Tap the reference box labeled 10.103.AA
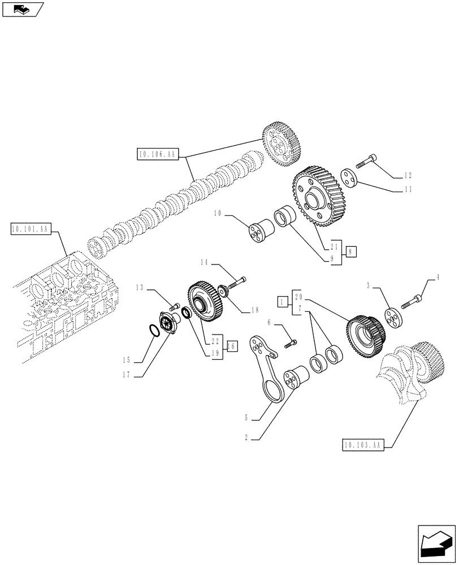[x=363, y=445]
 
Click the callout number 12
[x=408, y=175]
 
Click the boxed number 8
[x=350, y=253]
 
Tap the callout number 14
[x=204, y=262]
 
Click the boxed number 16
[x=231, y=346]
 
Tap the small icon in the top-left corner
[x=23, y=9]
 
